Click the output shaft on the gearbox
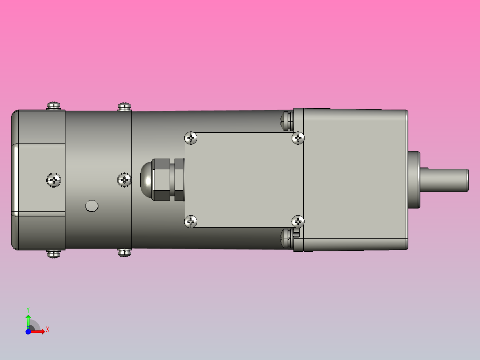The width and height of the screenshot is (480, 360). pyautogui.click(x=445, y=180)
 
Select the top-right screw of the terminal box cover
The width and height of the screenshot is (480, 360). pyautogui.click(x=298, y=138)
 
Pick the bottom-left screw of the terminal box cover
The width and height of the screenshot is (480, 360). pyautogui.click(x=191, y=221)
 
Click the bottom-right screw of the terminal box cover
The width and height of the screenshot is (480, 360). pyautogui.click(x=298, y=221)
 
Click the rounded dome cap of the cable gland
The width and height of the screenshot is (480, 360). pyautogui.click(x=146, y=180)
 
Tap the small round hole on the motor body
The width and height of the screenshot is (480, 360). pyautogui.click(x=92, y=205)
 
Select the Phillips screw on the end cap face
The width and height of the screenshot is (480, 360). pyautogui.click(x=53, y=180)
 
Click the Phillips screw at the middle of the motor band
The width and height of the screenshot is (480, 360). pyautogui.click(x=124, y=180)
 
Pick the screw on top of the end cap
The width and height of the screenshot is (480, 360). pyautogui.click(x=53, y=106)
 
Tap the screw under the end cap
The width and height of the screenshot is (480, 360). pyautogui.click(x=53, y=254)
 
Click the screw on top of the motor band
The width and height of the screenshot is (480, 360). pyautogui.click(x=124, y=106)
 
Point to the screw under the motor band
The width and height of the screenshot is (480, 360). pyautogui.click(x=124, y=253)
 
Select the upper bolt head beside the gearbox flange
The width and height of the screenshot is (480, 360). pyautogui.click(x=286, y=119)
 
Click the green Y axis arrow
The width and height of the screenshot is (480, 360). pyautogui.click(x=28, y=320)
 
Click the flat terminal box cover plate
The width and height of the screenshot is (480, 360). pyautogui.click(x=244, y=180)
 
